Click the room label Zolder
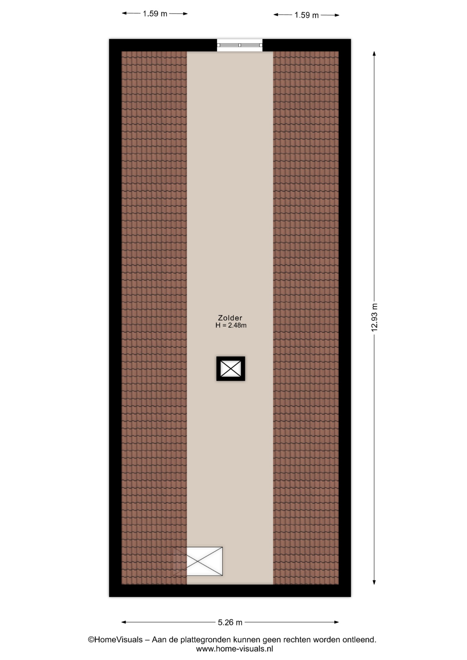pos(230,318)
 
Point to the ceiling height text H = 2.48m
pos(231,325)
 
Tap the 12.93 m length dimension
pos(374,318)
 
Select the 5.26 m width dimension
pos(230,622)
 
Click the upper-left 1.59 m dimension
pos(155,14)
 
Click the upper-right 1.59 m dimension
pos(306,15)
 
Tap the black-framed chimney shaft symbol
pos(231,368)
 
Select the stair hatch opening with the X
pos(198,561)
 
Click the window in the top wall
pos(240,45)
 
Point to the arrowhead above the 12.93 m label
pos(374,54)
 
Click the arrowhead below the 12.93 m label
pos(374,582)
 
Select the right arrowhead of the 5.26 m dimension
pos(336,622)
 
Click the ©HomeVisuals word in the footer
pos(115,640)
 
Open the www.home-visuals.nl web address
pos(235,649)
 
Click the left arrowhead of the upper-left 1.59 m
pos(124,13)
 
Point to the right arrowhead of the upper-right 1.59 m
pos(337,15)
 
